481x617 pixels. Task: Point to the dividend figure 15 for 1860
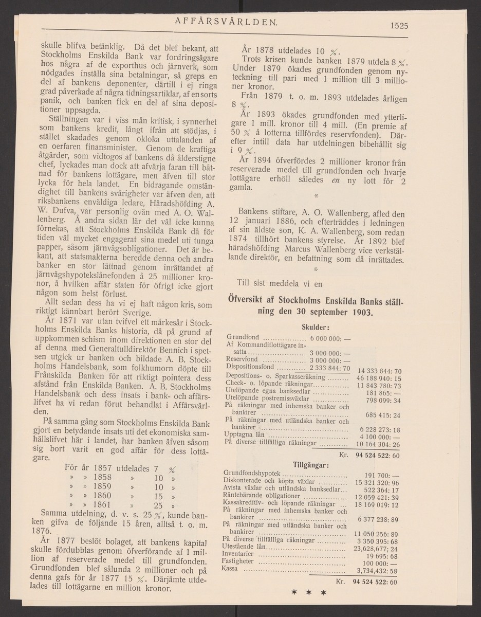tap(158, 497)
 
